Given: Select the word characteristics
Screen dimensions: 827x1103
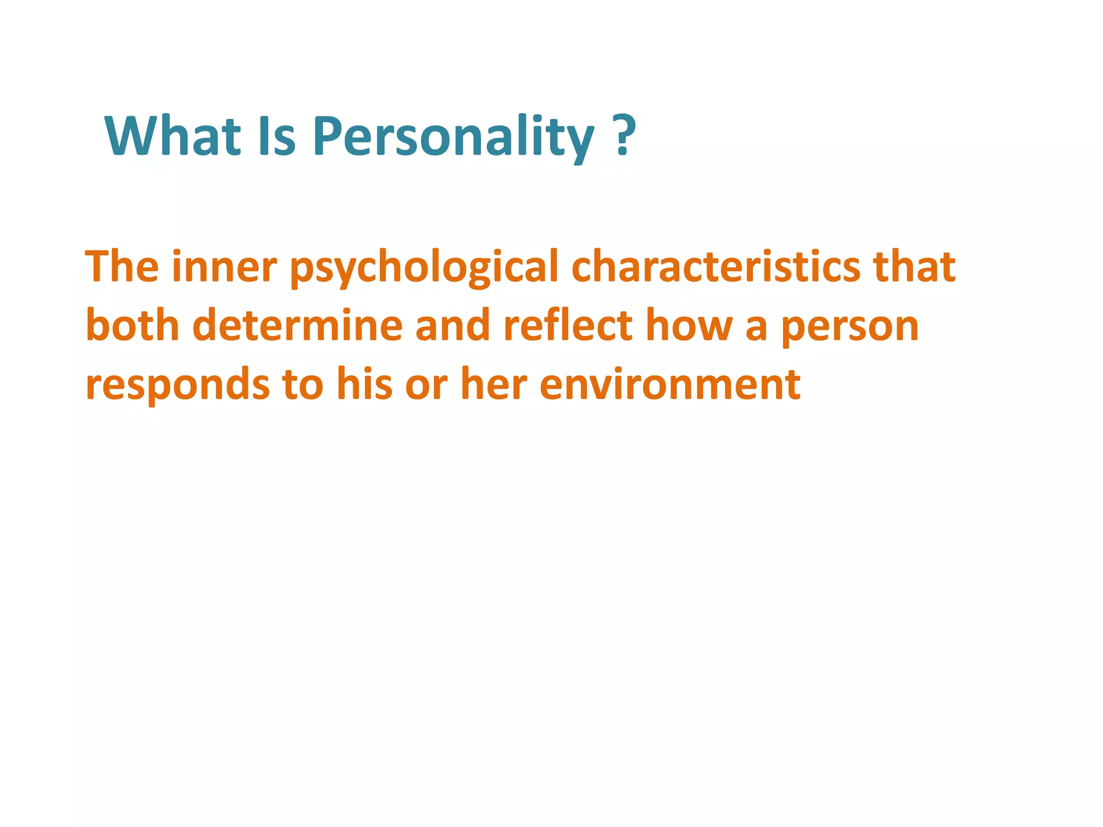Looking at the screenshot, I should (x=716, y=266).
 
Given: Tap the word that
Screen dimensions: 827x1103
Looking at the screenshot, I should (x=914, y=266).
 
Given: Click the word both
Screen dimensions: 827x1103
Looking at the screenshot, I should (x=132, y=325).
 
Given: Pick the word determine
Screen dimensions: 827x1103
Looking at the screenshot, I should (x=297, y=325).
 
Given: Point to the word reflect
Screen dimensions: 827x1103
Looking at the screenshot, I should (x=568, y=325).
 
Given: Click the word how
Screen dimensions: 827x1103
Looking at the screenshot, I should (x=689, y=325).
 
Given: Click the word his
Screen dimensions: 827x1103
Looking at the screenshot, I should (x=365, y=383).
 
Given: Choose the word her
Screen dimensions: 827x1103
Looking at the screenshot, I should (x=494, y=383).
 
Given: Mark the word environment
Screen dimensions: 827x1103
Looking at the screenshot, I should (x=670, y=384).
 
